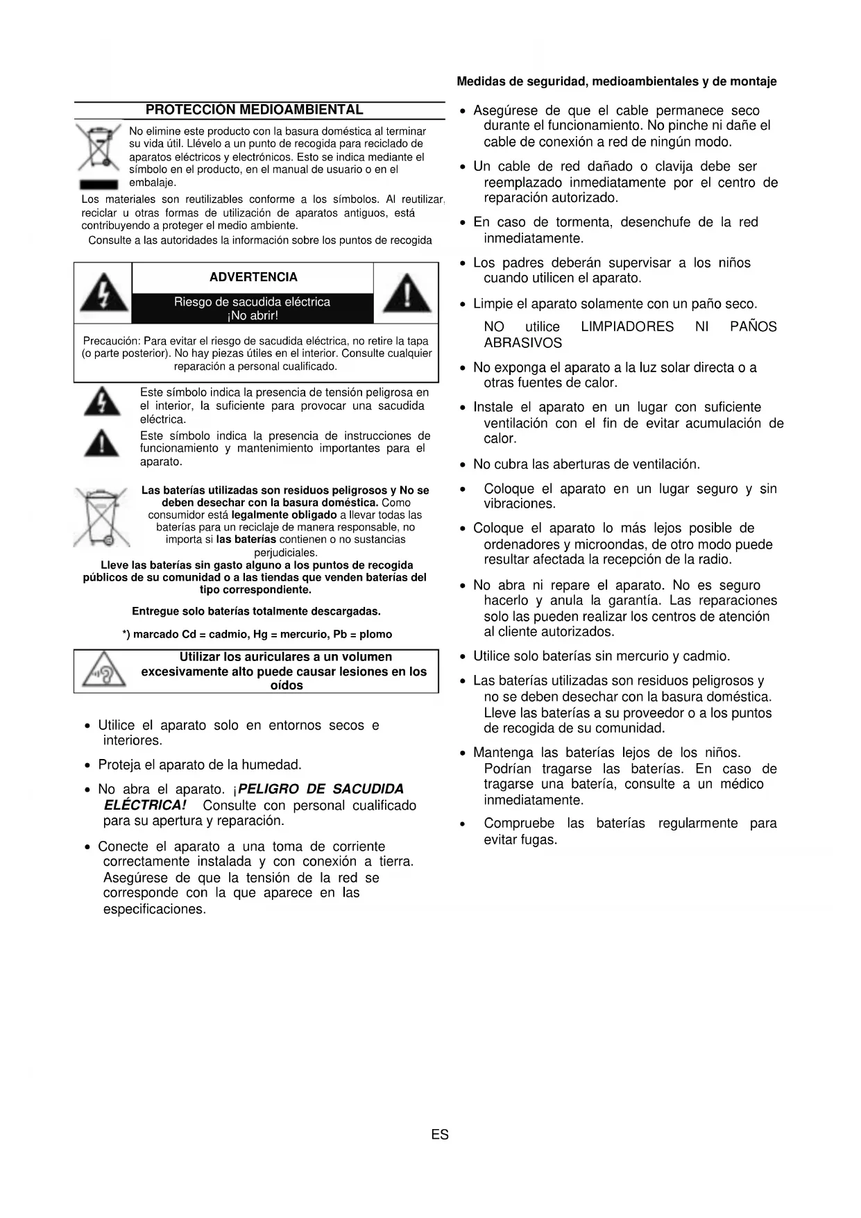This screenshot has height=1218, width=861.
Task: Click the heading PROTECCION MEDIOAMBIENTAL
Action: (254, 110)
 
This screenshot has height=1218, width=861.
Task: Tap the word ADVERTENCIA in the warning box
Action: (253, 277)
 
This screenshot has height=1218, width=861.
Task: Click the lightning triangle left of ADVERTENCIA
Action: (103, 292)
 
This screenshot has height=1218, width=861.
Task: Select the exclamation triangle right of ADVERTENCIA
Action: (407, 292)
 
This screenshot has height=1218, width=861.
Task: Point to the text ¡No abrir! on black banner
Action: (253, 316)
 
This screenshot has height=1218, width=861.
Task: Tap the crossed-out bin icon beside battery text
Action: (101, 517)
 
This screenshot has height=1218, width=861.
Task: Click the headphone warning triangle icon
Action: (103, 671)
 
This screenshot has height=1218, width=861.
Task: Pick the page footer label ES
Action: (440, 1135)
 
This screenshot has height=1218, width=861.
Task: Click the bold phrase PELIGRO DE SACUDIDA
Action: (321, 789)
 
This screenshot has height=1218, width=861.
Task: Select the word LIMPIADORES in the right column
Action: (627, 326)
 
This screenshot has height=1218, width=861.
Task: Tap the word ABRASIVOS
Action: (522, 343)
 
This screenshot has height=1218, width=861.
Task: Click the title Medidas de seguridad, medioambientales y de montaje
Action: (616, 81)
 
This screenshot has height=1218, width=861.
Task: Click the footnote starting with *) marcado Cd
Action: (257, 634)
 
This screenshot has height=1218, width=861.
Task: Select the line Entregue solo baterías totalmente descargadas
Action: (256, 611)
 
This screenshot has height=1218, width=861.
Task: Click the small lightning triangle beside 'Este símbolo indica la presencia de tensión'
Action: (101, 402)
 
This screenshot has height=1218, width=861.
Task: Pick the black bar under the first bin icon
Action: (98, 185)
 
